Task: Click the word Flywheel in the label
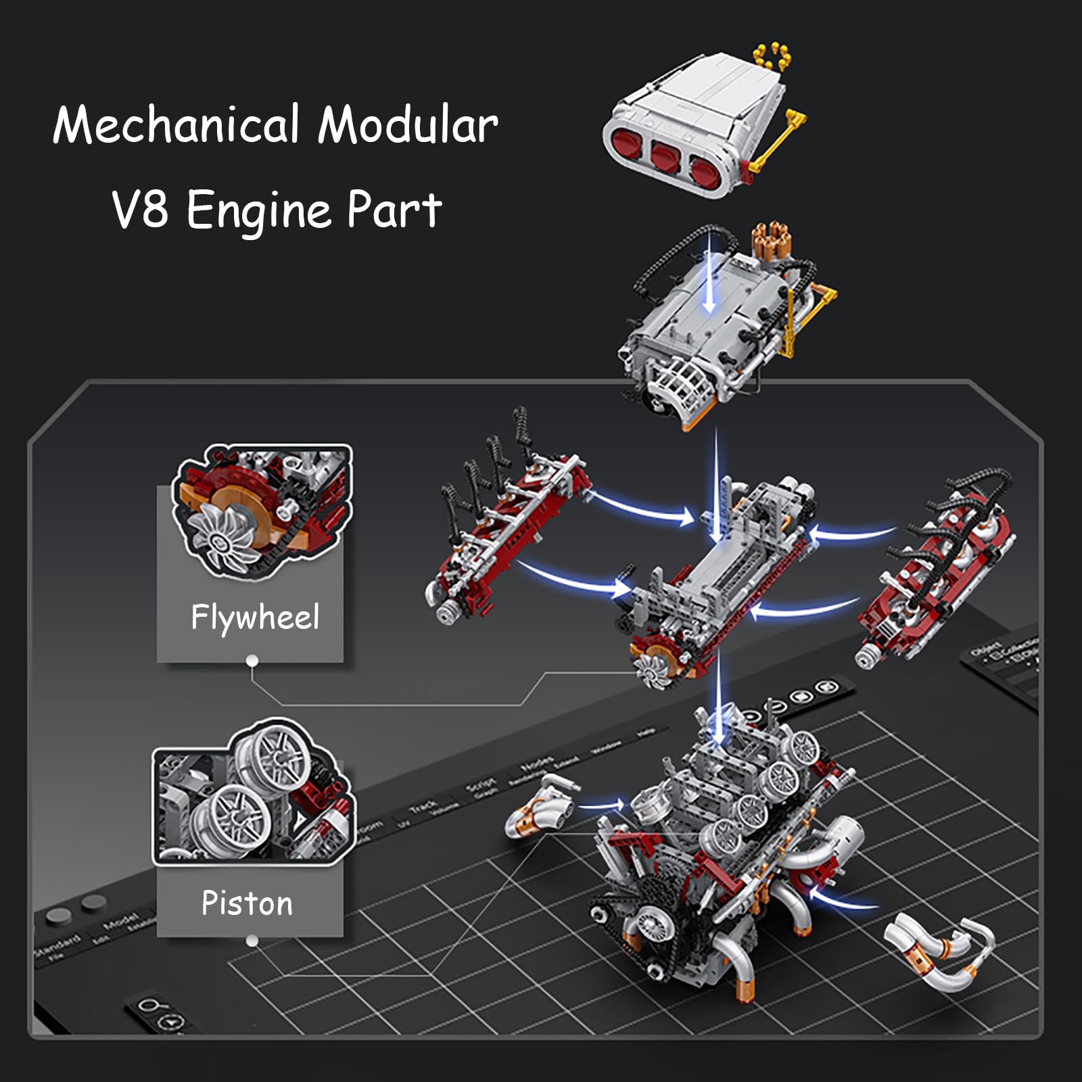(x=254, y=617)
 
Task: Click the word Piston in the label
(x=247, y=903)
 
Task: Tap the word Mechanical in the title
(x=176, y=125)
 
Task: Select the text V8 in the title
(x=140, y=210)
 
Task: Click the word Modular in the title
(x=408, y=125)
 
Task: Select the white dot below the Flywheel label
(x=252, y=661)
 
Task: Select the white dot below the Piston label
(x=252, y=941)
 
